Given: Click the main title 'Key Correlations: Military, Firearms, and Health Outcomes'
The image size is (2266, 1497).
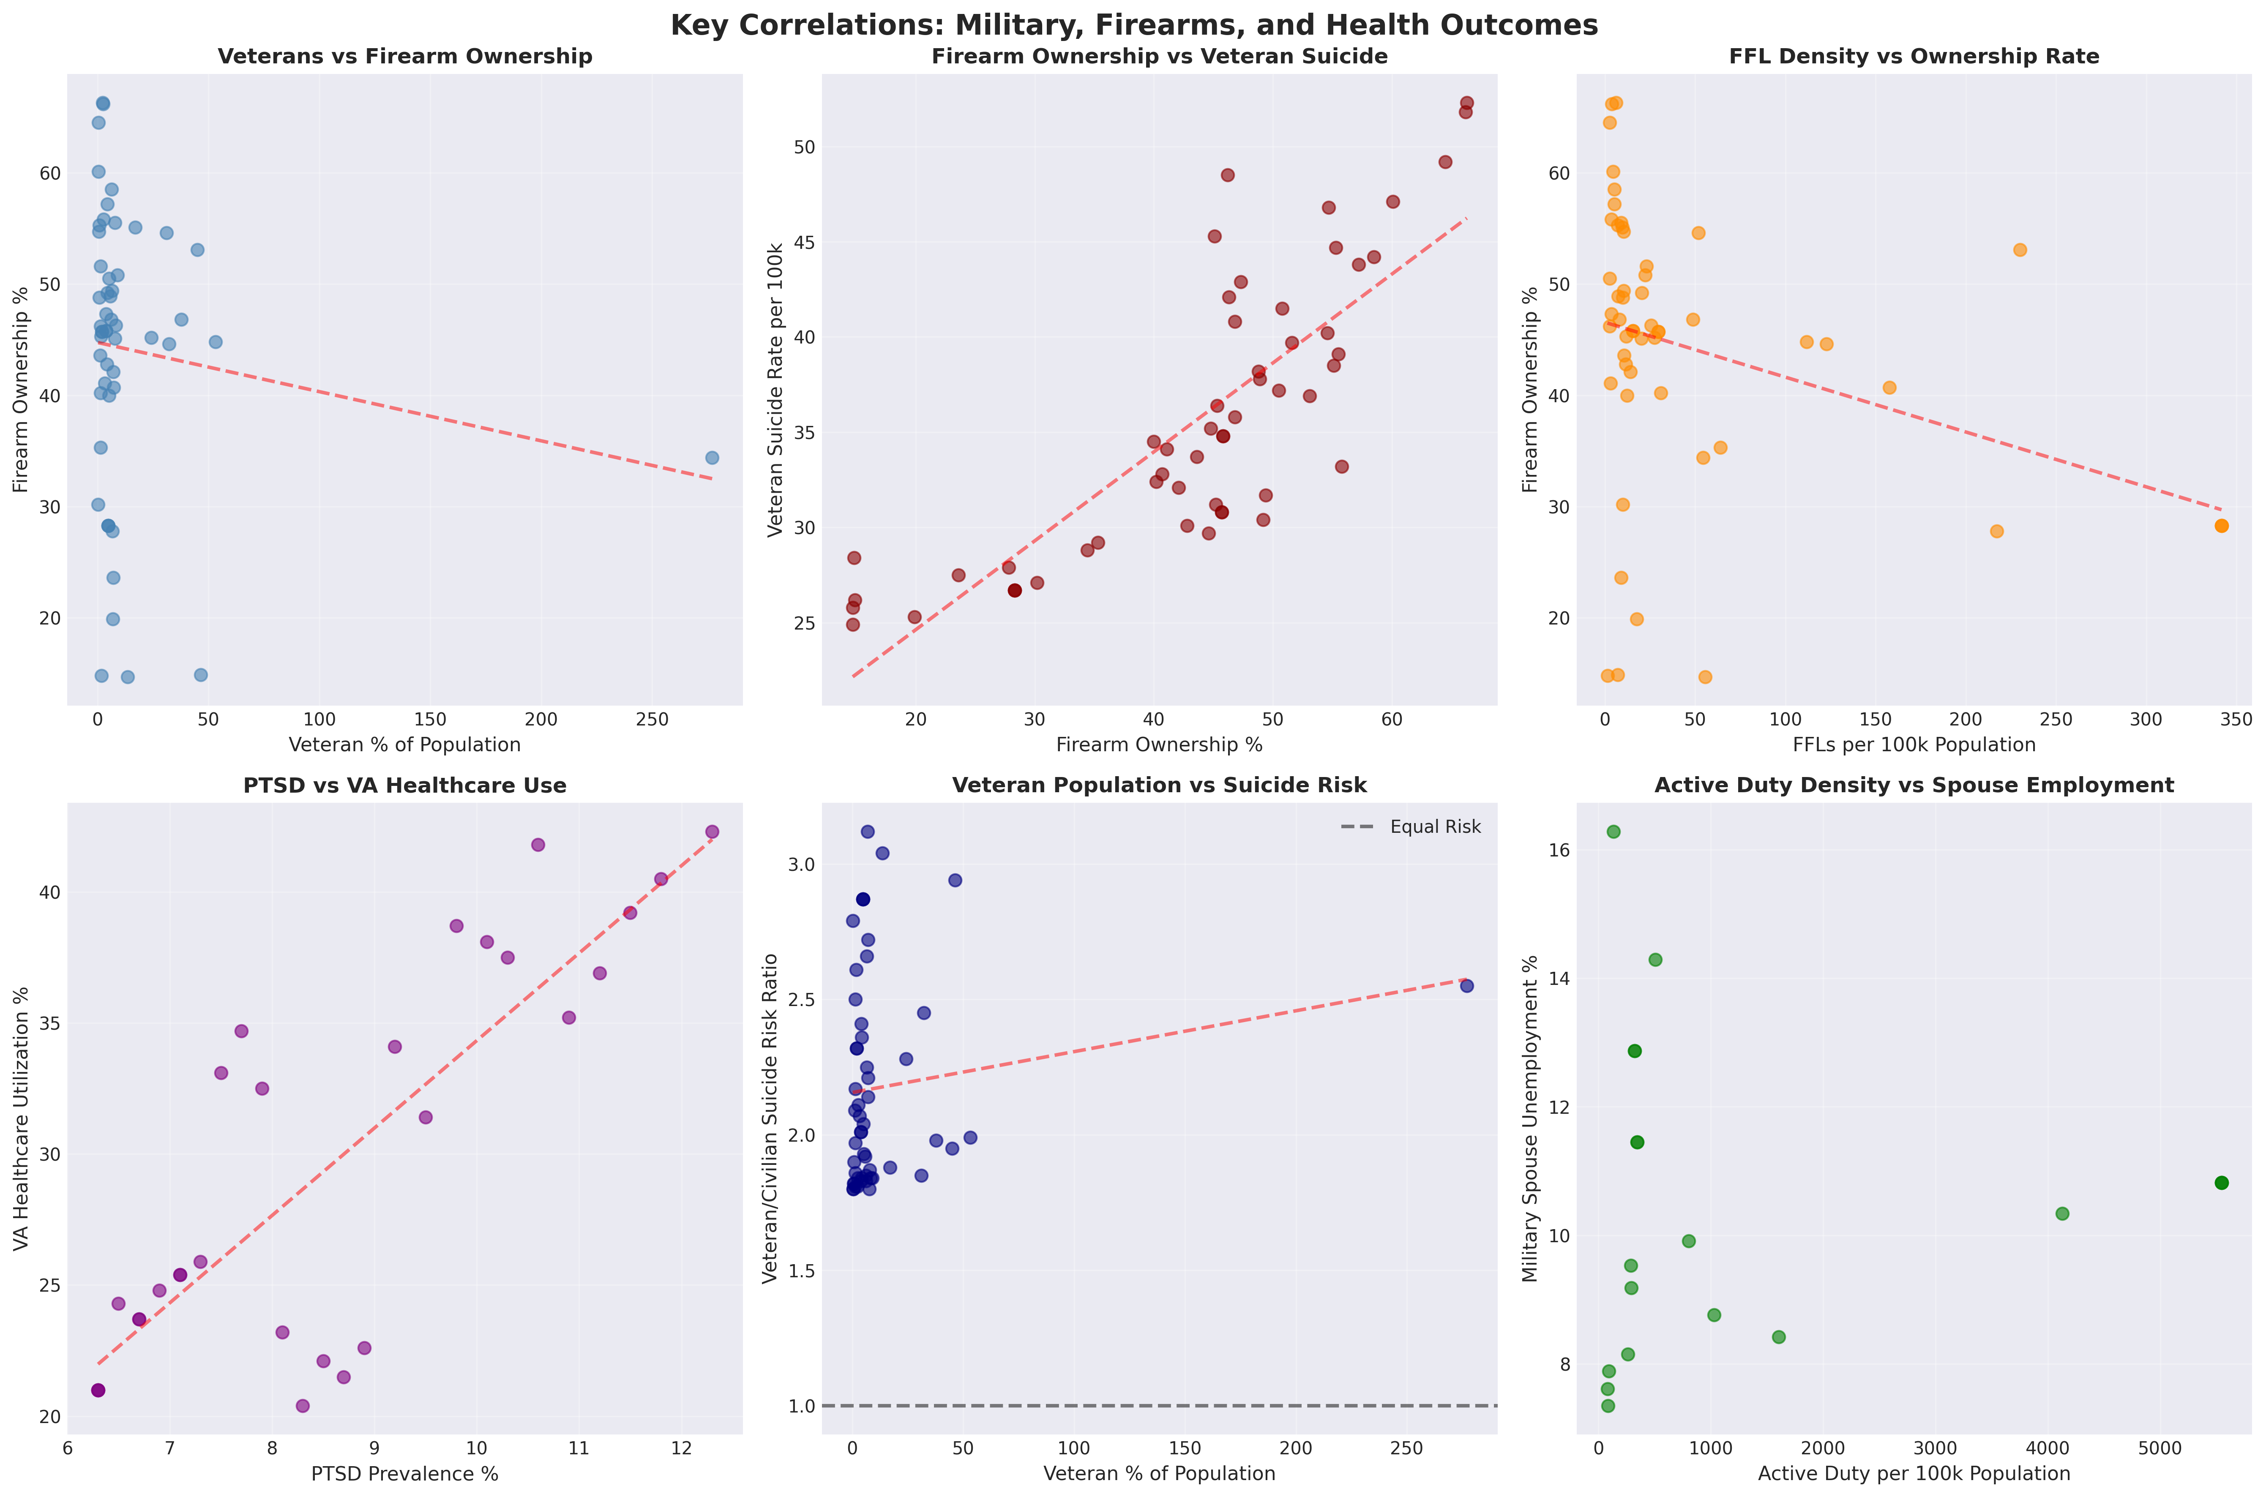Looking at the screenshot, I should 1133,25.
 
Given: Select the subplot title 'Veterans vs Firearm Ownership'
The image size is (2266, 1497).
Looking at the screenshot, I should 405,56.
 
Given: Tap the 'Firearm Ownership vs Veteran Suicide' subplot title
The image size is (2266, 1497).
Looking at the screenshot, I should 1159,56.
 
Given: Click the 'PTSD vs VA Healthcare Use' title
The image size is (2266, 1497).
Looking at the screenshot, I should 405,786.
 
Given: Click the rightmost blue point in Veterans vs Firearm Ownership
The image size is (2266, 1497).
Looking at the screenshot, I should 711,458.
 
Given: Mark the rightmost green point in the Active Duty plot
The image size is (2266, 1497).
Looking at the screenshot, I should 2221,1183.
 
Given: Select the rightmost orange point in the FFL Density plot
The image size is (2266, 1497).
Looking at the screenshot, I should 2221,526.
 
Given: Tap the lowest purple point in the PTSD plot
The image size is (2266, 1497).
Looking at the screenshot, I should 303,1405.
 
